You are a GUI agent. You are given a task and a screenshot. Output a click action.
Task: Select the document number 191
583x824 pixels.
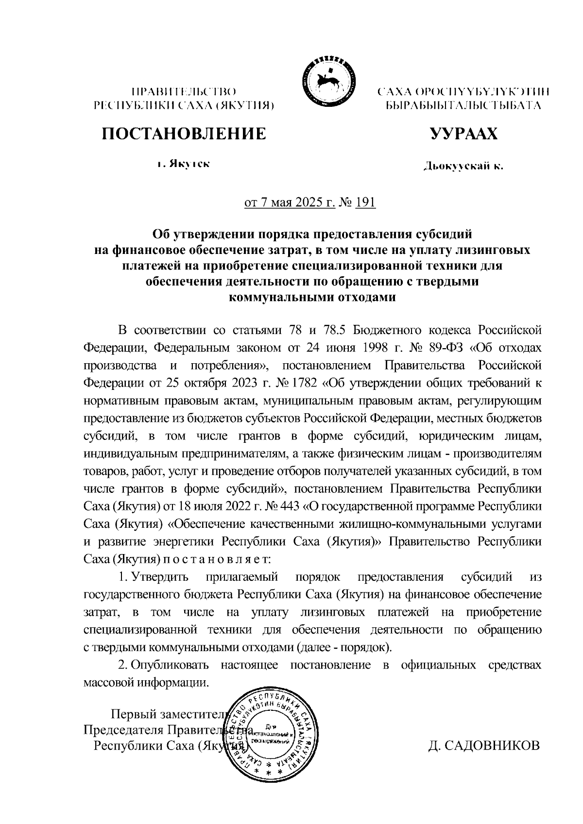[x=365, y=202]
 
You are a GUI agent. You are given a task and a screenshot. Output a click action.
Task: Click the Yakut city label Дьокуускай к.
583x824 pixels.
[x=463, y=167]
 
